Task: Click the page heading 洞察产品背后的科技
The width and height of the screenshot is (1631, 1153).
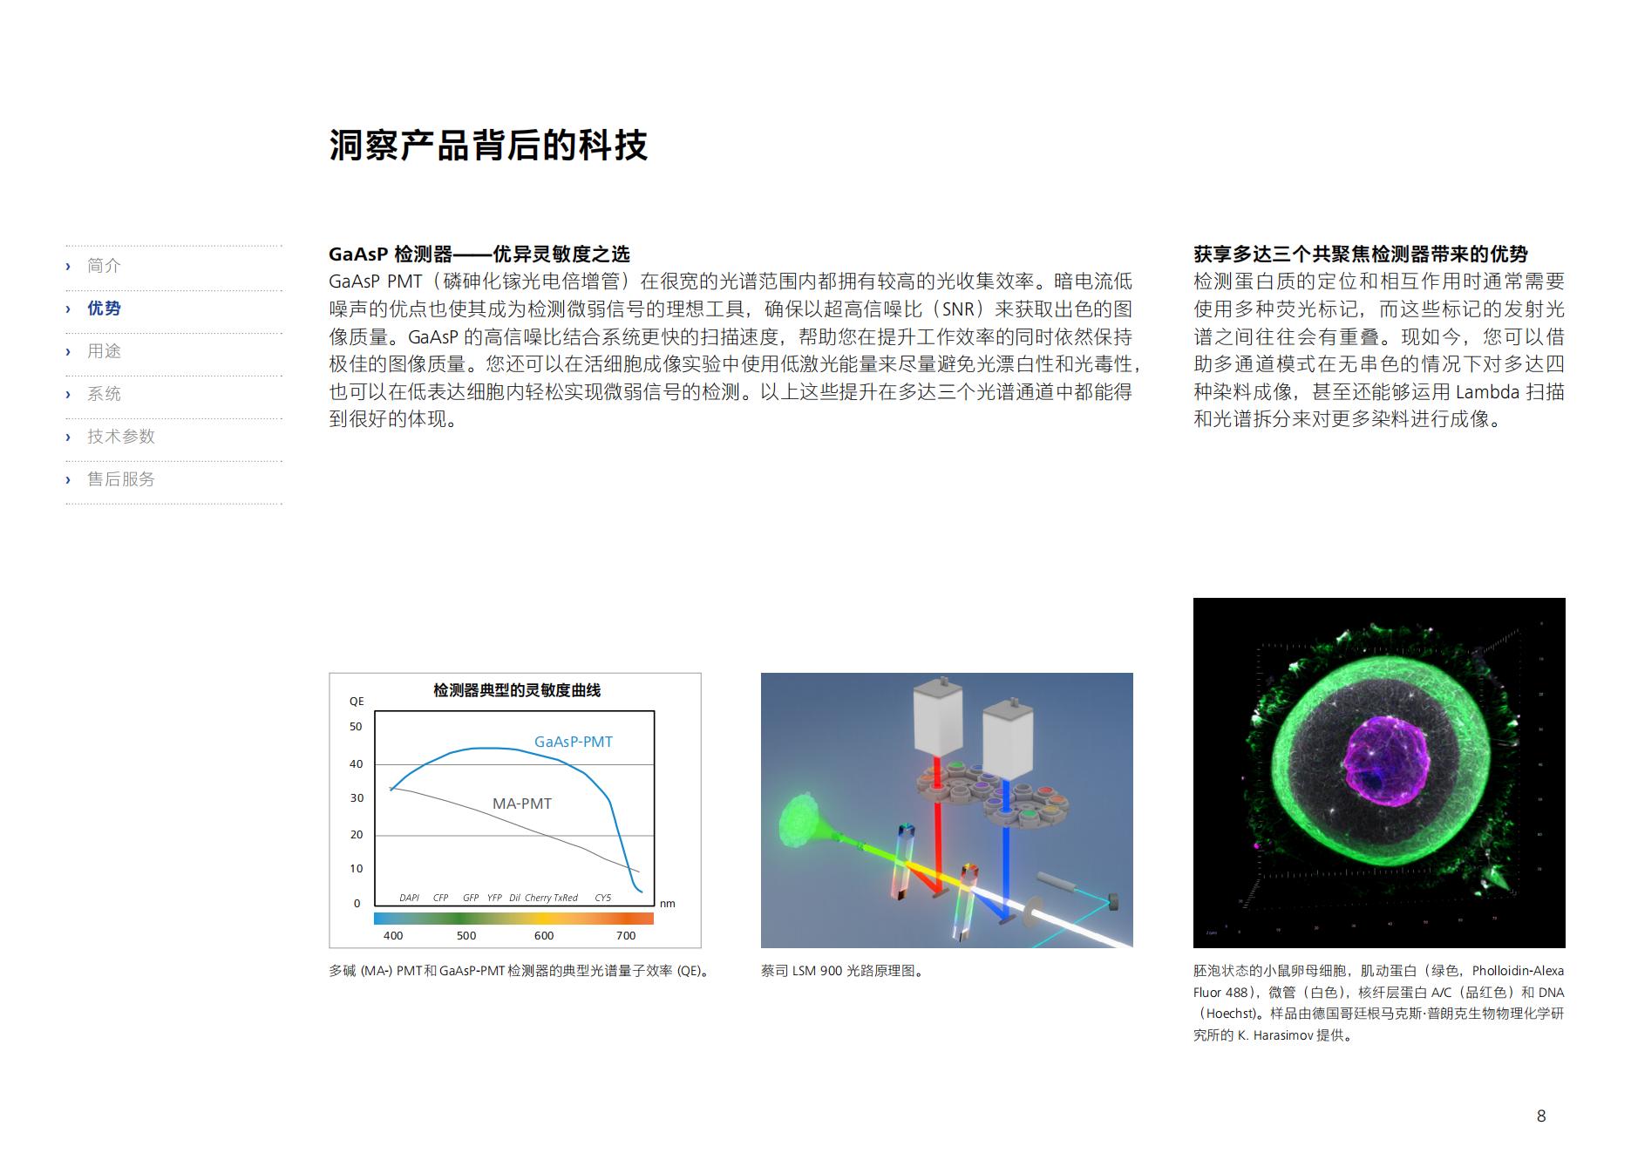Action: point(488,146)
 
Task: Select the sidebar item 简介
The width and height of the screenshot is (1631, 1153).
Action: point(104,266)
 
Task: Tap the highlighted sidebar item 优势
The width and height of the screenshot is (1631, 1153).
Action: point(104,309)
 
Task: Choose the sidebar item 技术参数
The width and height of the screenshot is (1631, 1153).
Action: point(120,437)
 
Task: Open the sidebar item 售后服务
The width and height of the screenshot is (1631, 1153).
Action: point(120,479)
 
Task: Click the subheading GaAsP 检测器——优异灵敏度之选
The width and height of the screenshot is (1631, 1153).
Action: point(479,254)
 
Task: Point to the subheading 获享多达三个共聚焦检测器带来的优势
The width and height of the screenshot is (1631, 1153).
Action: point(1360,254)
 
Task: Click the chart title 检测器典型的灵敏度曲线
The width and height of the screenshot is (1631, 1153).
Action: point(517,690)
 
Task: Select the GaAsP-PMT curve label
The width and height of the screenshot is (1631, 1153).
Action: point(573,742)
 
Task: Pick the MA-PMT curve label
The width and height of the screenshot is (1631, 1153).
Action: point(521,804)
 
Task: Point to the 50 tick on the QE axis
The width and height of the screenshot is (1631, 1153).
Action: point(356,727)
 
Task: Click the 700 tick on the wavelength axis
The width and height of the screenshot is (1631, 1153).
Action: point(626,936)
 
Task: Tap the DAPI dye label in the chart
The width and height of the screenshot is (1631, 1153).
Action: point(410,898)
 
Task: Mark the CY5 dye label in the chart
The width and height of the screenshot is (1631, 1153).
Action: point(603,898)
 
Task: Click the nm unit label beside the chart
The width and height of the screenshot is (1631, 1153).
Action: point(668,904)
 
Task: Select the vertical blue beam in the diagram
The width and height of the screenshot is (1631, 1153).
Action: point(1008,850)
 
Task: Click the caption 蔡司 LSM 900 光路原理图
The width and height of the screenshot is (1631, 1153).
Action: point(841,971)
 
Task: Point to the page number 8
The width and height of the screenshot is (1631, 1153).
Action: point(1541,1116)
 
